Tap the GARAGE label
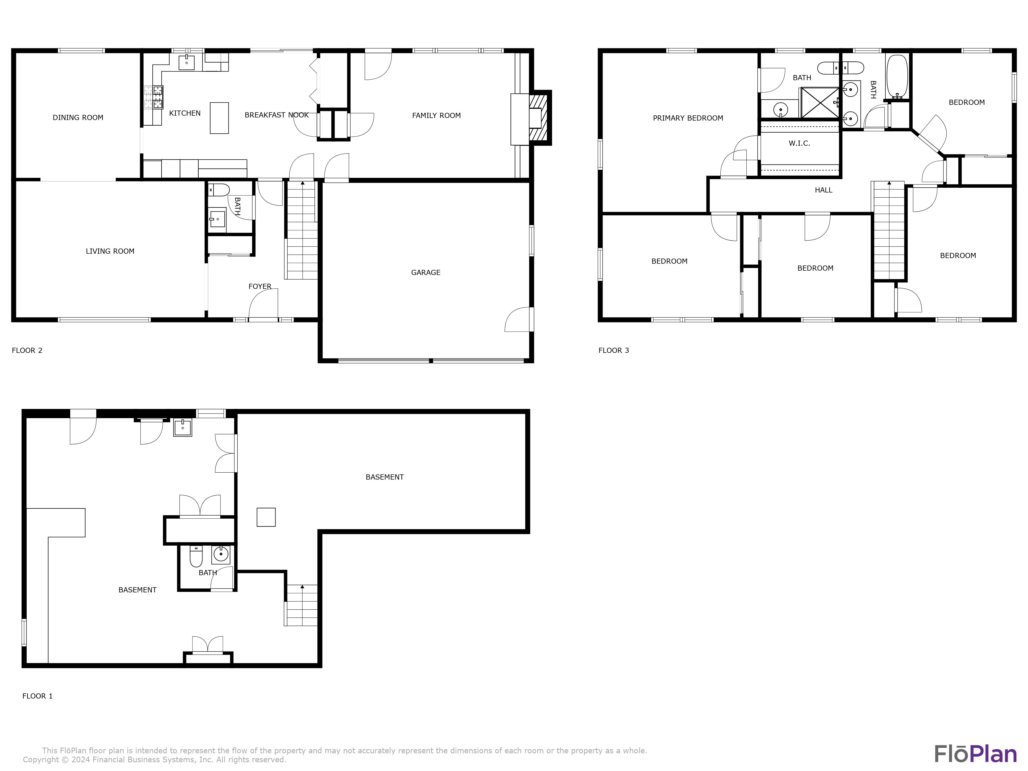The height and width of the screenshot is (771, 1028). tap(425, 272)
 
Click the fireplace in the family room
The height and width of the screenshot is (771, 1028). tap(539, 118)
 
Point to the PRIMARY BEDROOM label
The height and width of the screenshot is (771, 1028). tap(687, 118)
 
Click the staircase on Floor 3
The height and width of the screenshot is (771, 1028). tap(889, 230)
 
